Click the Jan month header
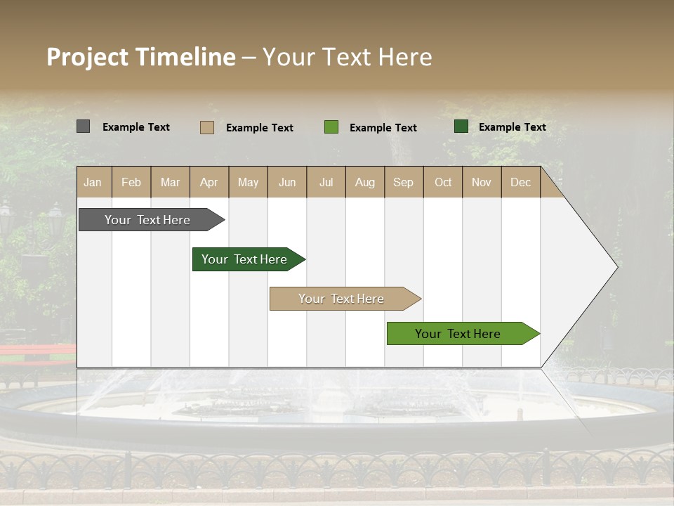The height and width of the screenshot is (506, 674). point(93,182)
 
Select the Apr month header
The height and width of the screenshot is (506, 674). point(209,182)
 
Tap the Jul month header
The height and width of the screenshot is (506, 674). point(326,182)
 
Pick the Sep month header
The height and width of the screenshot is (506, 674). point(403,182)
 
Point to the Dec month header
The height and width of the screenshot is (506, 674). point(520,182)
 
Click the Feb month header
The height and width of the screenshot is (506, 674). point(131,182)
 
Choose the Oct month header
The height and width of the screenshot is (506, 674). point(443,182)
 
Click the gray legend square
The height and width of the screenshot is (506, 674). point(83,126)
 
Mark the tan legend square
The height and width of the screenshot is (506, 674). point(206,127)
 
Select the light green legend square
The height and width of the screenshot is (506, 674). point(331,127)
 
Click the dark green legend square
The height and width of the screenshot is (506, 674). point(461,126)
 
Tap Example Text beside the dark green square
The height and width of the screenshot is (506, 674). point(512,127)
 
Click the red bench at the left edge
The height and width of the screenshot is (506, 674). point(35,351)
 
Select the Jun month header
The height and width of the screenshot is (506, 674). point(287,182)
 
